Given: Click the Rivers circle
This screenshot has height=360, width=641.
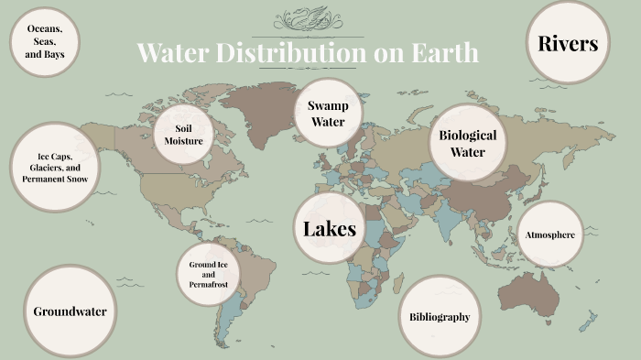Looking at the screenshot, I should [568, 43].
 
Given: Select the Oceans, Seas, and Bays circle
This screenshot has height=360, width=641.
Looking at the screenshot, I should [44, 42].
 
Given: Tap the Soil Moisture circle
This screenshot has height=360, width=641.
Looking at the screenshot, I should [183, 135].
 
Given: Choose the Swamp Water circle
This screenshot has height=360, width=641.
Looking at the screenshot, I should [328, 115].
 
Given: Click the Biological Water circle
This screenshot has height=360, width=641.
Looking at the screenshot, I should [467, 143].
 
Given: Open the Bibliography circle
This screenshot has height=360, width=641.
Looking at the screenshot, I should [440, 317].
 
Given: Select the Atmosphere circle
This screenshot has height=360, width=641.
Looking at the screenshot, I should [549, 235].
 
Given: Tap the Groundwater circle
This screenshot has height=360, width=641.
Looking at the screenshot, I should [70, 311].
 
